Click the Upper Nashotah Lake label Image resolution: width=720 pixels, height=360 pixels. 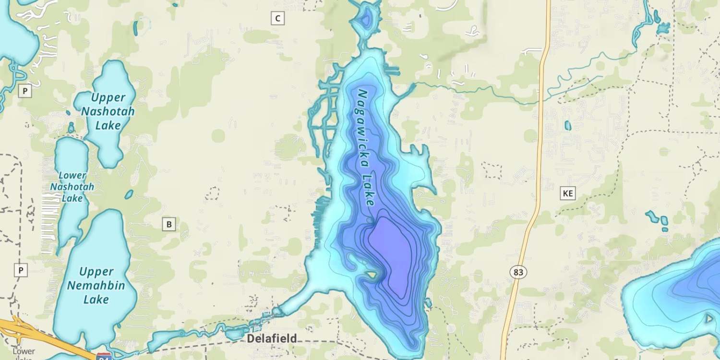pyautogui.click(x=108, y=111)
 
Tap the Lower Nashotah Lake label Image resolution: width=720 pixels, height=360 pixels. pyautogui.click(x=72, y=187)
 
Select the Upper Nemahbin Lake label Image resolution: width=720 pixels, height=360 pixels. pyautogui.click(x=96, y=286)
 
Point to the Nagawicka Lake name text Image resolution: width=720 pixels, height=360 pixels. pyautogui.click(x=365, y=148)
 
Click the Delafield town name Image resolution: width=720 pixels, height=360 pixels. pyautogui.click(x=272, y=338)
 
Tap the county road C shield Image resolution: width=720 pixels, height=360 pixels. pyautogui.click(x=277, y=19)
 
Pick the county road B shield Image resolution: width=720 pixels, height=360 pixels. pyautogui.click(x=168, y=224)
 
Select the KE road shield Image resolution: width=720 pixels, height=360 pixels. pyautogui.click(x=568, y=193)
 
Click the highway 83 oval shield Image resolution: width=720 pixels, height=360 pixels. pyautogui.click(x=518, y=272)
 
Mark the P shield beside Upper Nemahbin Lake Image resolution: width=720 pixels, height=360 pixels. pyautogui.click(x=20, y=270)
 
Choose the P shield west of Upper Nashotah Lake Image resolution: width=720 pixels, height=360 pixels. pyautogui.click(x=25, y=91)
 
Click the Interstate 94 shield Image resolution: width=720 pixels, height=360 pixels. pyautogui.click(x=104, y=357)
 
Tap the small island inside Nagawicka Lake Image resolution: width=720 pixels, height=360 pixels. pyautogui.click(x=371, y=275)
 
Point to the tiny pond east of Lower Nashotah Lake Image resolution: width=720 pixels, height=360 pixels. pyautogui.click(x=129, y=194)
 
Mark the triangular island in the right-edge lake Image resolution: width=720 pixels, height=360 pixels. pyautogui.click(x=709, y=318)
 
